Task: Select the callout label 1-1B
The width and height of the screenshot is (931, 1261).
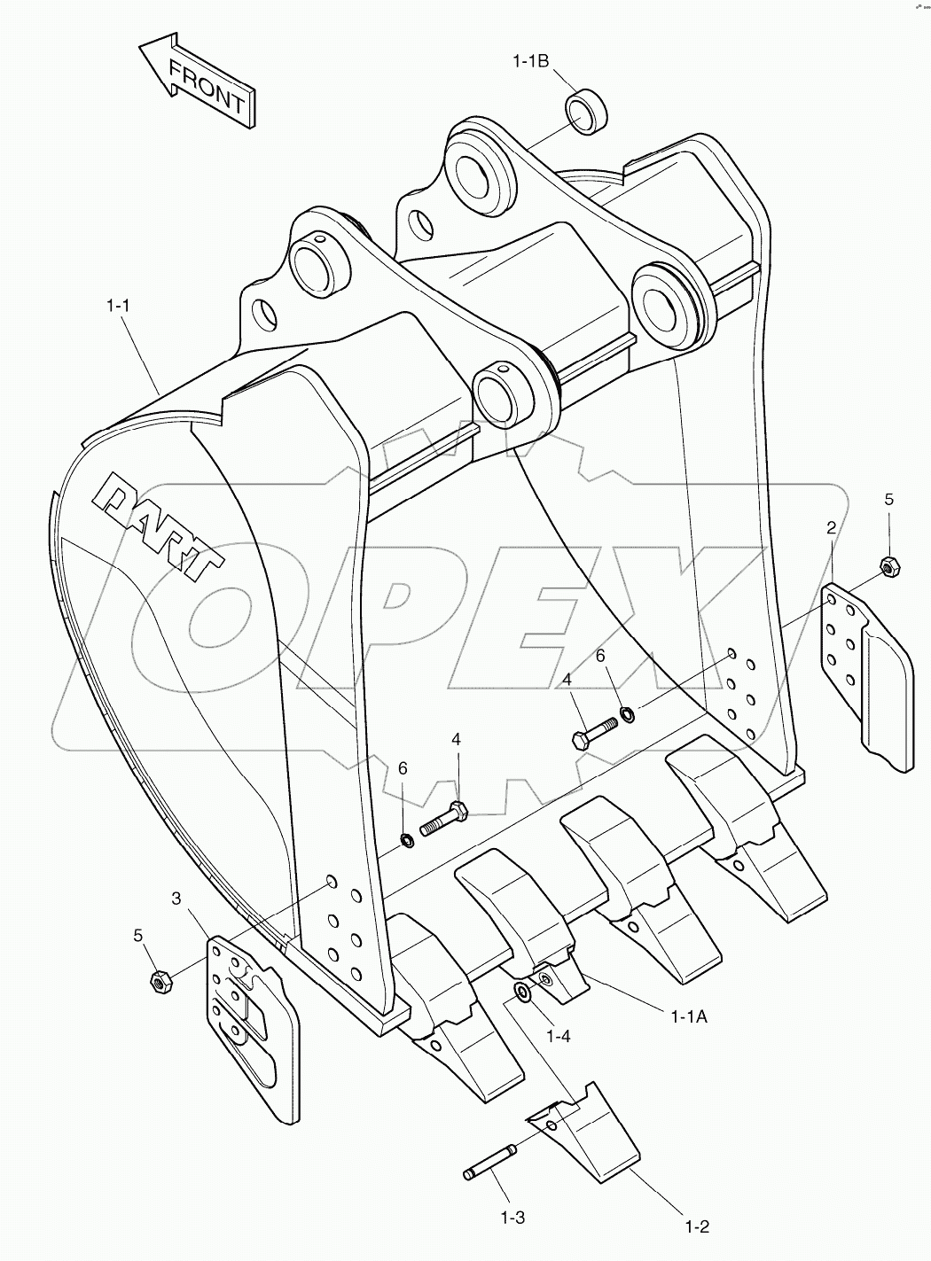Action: pos(531,61)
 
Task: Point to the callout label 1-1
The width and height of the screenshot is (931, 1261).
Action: pos(119,306)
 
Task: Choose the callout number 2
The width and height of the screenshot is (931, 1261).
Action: pos(831,528)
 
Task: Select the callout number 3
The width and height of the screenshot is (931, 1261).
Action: pos(176,899)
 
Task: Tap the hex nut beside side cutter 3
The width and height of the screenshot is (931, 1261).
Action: pos(159,981)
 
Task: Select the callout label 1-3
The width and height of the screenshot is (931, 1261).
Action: pos(512,1218)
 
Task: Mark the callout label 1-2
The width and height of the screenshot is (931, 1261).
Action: pos(697,1227)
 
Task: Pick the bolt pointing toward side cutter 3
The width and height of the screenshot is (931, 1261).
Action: pos(441,819)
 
